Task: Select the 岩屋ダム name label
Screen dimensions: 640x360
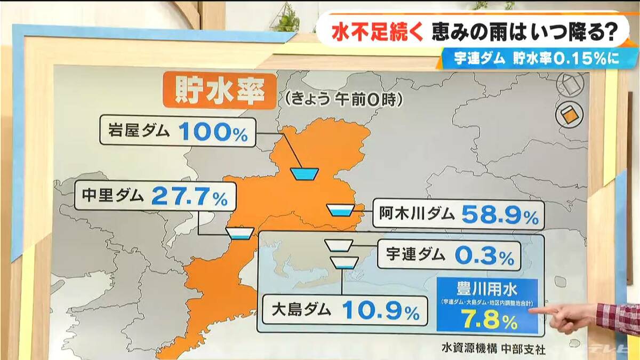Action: tap(138, 131)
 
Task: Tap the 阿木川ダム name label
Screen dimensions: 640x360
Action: tap(418, 214)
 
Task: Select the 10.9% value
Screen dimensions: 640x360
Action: tap(380, 311)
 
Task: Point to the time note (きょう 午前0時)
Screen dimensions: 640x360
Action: tap(341, 98)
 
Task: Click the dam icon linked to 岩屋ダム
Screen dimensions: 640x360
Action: tap(304, 173)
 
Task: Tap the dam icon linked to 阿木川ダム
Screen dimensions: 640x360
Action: tap(340, 210)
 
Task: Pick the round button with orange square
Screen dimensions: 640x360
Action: tap(569, 114)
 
